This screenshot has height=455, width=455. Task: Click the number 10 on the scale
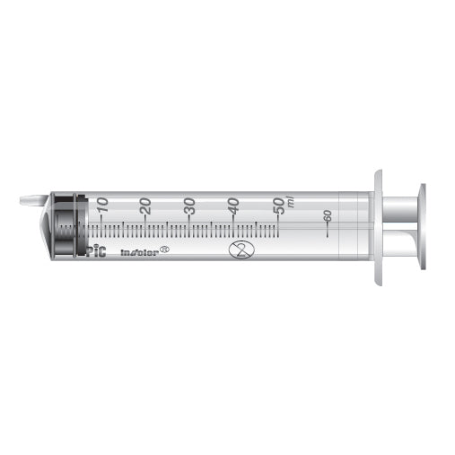point(101,205)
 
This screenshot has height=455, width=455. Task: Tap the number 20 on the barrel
point(145,205)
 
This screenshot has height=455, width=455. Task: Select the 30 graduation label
point(189,205)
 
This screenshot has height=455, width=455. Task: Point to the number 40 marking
point(233,205)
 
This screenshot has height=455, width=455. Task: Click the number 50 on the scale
point(278,204)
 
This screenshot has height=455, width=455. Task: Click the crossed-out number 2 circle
point(238,250)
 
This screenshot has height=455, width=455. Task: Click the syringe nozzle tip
point(31,200)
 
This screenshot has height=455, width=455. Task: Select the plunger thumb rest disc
point(421,228)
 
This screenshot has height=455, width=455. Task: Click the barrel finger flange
point(378,228)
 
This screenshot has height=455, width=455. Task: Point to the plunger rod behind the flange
point(399,228)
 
